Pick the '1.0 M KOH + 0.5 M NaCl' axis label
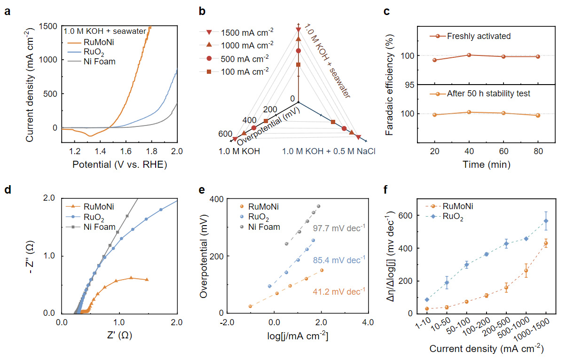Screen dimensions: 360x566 (329, 151)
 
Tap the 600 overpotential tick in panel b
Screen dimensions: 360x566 (225, 134)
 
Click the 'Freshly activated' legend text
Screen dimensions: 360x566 (478, 36)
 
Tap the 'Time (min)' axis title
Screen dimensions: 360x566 (486, 164)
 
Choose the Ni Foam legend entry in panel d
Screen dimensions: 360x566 (99, 227)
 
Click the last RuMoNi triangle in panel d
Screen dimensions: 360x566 (148, 280)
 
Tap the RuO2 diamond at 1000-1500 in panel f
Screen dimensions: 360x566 (546, 221)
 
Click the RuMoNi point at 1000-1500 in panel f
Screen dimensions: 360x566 (546, 243)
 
